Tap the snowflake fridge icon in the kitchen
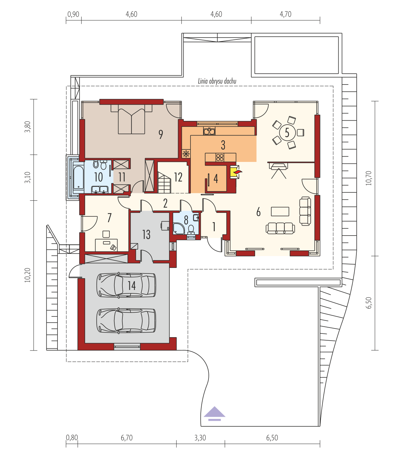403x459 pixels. (186, 154)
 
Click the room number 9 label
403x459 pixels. (161, 134)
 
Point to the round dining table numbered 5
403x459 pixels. (287, 133)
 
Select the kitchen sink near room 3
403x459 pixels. (209, 131)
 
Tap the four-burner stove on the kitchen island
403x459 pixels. (220, 158)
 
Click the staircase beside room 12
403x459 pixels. (164, 183)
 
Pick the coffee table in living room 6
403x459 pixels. (280, 211)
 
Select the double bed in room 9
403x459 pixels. (131, 119)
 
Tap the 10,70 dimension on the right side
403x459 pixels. (369, 178)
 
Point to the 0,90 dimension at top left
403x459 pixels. (73, 14)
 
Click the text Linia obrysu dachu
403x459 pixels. (217, 81)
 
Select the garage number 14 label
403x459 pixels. (132, 286)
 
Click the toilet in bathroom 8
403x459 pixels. (191, 229)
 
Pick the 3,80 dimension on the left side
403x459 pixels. (27, 127)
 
